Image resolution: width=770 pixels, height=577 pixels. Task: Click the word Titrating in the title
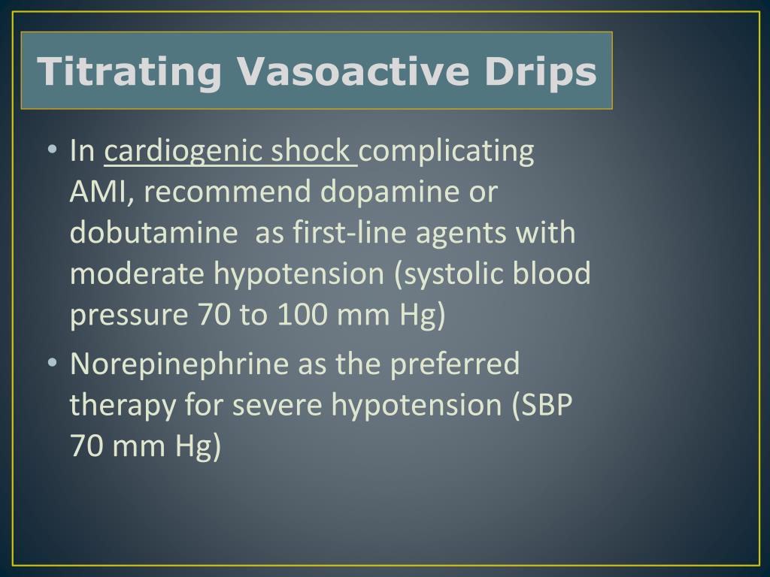click(130, 72)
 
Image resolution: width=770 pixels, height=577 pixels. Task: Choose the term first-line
click(342, 234)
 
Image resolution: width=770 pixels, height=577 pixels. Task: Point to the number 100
click(302, 316)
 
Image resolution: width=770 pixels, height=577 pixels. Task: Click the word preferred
click(455, 364)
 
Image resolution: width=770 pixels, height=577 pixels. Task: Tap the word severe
click(278, 406)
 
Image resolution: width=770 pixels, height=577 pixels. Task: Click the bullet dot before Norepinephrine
click(52, 364)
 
